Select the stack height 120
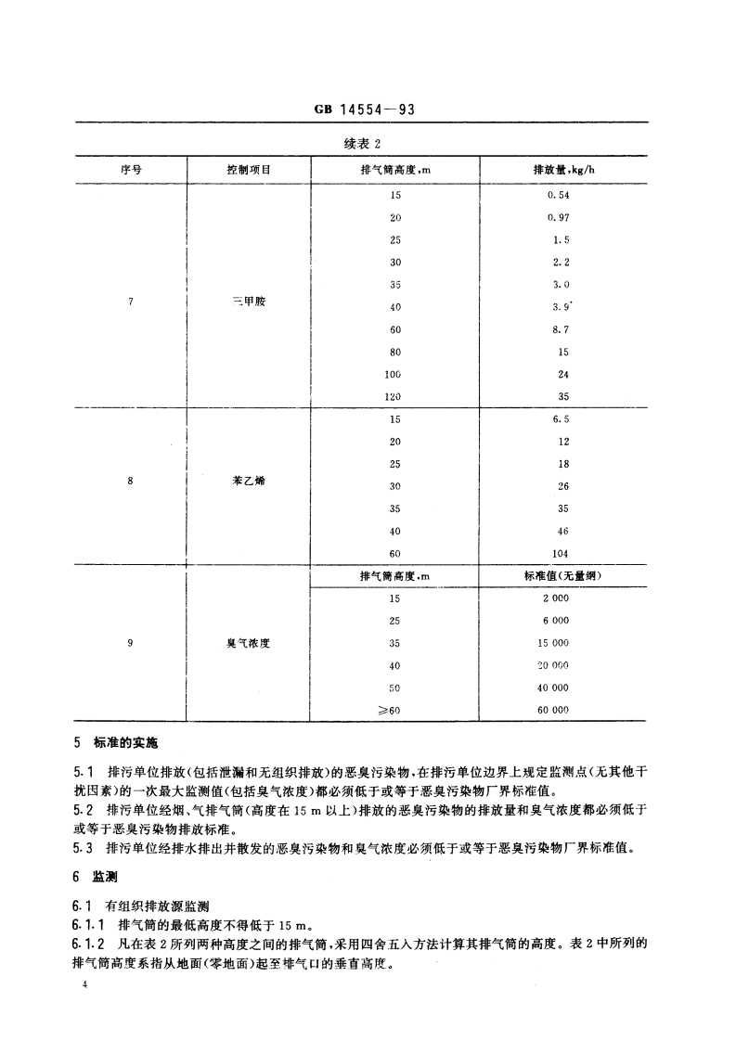[x=395, y=396]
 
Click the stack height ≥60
[x=394, y=710]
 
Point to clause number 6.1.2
[x=89, y=945]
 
